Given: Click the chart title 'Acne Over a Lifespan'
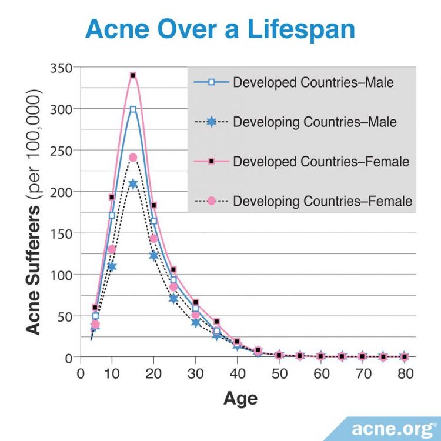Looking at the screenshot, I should pyautogui.click(x=220, y=29).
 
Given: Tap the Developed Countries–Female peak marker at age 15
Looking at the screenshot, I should pyautogui.click(x=133, y=75).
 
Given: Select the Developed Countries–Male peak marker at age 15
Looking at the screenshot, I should pyautogui.click(x=133, y=109).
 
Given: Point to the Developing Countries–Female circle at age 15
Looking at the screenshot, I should pyautogui.click(x=133, y=158).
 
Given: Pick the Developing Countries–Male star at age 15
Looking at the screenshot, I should pyautogui.click(x=133, y=184).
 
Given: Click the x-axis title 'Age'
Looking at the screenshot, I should pyautogui.click(x=240, y=399).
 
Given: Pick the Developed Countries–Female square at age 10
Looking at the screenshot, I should pyautogui.click(x=112, y=197).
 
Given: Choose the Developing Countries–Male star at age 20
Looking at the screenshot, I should pyautogui.click(x=153, y=256).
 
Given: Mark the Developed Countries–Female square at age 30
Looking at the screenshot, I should pyautogui.click(x=195, y=302).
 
